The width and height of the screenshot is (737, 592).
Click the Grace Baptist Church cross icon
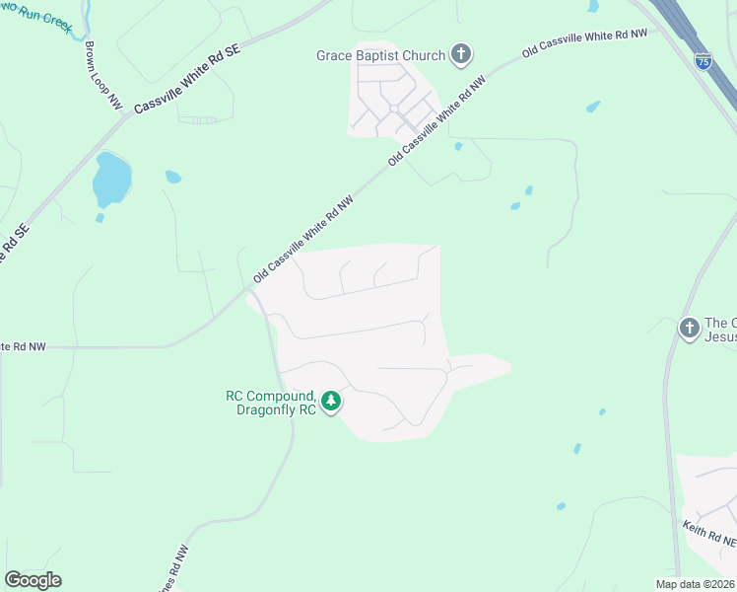[x=461, y=55]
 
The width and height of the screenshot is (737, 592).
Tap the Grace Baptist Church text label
[x=380, y=56]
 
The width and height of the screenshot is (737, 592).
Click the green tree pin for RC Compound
[x=332, y=401]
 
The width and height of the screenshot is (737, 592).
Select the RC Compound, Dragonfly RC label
[x=271, y=403]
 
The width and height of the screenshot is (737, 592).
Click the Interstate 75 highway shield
[x=703, y=60]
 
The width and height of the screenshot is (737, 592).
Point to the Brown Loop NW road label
[x=102, y=74]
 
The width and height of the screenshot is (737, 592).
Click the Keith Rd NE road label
[x=708, y=535]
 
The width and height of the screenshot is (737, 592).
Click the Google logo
[x=33, y=580]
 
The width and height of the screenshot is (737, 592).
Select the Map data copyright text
[x=695, y=584]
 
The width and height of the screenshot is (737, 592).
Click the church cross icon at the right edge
[x=689, y=328]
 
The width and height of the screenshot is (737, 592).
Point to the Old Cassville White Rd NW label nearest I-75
[x=584, y=41]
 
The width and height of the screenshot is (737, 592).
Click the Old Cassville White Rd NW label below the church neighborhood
[x=437, y=122]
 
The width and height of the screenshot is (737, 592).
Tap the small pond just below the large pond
[x=100, y=217]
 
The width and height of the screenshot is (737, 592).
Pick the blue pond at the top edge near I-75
[x=593, y=6]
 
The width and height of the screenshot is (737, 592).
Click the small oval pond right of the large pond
[x=173, y=178]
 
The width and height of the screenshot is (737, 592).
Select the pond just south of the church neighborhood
[x=458, y=147]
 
